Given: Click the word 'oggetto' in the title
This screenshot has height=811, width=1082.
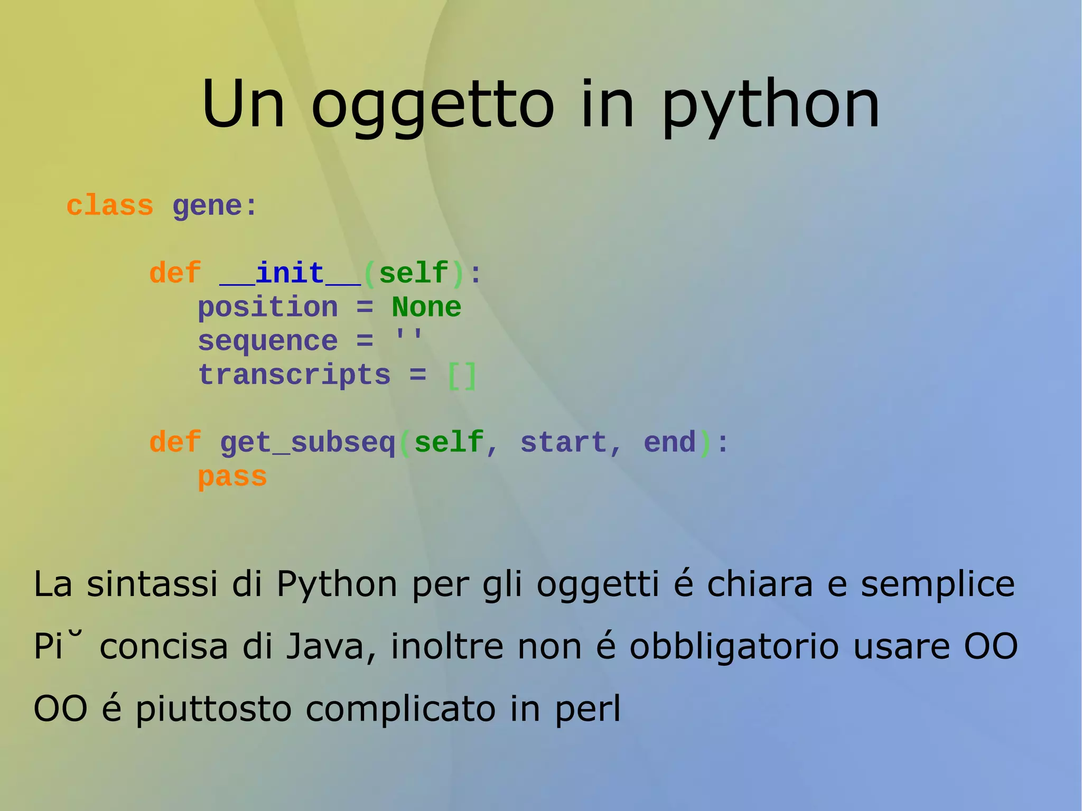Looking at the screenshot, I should click(432, 106).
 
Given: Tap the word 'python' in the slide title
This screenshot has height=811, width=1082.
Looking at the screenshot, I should click(770, 106).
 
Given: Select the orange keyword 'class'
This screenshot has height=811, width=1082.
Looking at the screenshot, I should click(109, 206).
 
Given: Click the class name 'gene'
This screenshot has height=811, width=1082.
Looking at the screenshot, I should click(207, 207).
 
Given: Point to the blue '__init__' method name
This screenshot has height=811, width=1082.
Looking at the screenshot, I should click(290, 274).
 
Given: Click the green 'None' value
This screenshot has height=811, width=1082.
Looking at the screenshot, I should click(426, 307).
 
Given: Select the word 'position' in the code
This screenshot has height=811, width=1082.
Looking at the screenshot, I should click(268, 308).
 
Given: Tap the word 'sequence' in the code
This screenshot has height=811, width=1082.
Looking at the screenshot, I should click(268, 341).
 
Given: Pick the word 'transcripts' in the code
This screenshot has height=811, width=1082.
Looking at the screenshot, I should click(294, 375).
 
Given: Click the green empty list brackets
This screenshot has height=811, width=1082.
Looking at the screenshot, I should click(462, 376).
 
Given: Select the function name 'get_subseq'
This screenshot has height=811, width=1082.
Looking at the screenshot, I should click(307, 443).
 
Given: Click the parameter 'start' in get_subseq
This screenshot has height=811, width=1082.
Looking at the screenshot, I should click(564, 442).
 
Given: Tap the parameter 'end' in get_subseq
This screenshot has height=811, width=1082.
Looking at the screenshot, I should click(669, 442).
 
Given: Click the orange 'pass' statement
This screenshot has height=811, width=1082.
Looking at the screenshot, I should click(232, 477).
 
